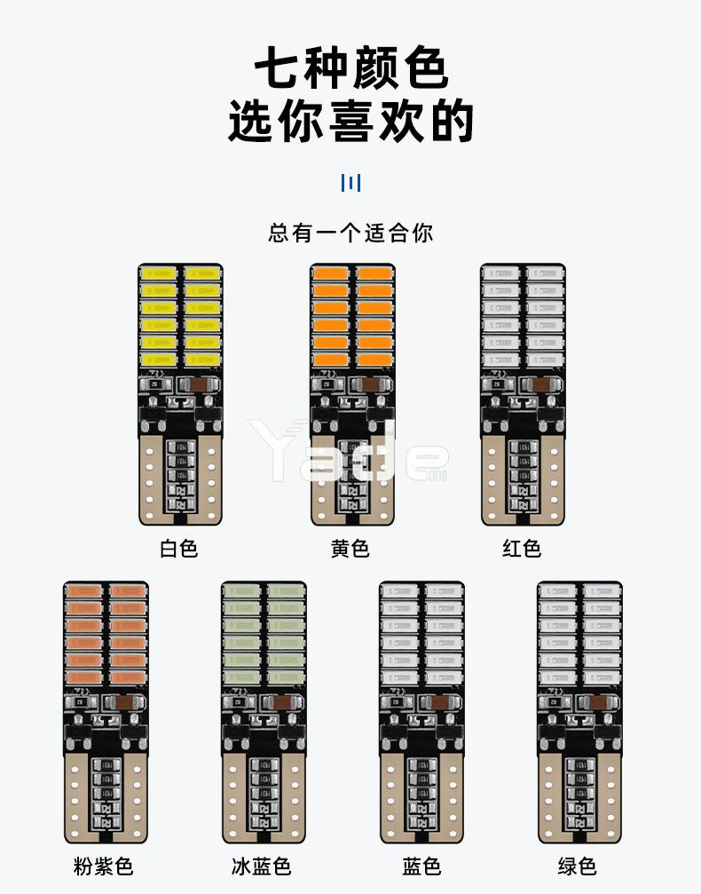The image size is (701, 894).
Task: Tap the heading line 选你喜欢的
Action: click(x=350, y=122)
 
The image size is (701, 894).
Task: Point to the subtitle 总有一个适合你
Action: click(x=350, y=233)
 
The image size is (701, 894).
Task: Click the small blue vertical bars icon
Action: click(x=350, y=183)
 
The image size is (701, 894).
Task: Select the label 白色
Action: click(x=178, y=548)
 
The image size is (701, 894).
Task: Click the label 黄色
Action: click(x=350, y=548)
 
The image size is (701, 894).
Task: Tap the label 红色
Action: click(x=521, y=548)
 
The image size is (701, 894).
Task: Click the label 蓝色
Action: click(x=421, y=866)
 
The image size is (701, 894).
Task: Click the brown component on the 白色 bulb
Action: click(x=198, y=384)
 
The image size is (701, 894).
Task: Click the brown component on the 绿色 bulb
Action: click(x=598, y=702)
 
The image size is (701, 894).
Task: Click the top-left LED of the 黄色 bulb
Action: click(x=330, y=273)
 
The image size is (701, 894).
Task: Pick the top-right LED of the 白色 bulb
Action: click(x=202, y=273)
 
